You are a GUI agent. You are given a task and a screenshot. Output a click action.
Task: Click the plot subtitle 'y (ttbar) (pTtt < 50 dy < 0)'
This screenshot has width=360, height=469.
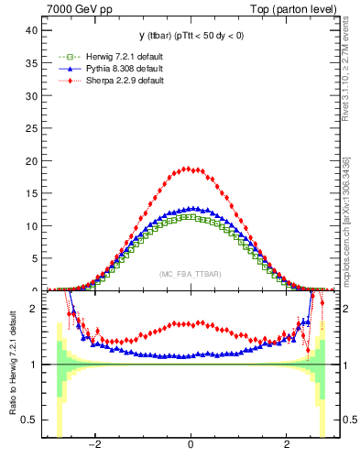click(190, 36)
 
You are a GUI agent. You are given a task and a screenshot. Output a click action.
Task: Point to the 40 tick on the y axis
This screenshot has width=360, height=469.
click(33, 30)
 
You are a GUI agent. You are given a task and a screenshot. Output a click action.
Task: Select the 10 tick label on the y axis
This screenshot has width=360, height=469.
click(33, 226)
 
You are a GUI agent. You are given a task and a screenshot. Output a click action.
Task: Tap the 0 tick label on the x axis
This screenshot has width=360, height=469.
click(190, 446)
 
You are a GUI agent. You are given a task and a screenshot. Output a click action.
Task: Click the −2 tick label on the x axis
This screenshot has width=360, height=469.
click(93, 446)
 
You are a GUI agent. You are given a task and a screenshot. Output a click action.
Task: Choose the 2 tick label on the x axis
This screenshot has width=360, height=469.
click(287, 446)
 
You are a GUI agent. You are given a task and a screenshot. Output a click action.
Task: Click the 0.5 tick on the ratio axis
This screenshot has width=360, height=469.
click(30, 420)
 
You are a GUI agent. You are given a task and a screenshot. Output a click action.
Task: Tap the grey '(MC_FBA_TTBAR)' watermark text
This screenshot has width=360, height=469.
click(190, 275)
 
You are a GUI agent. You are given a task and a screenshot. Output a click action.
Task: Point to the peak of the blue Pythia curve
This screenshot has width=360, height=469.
click(190, 209)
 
